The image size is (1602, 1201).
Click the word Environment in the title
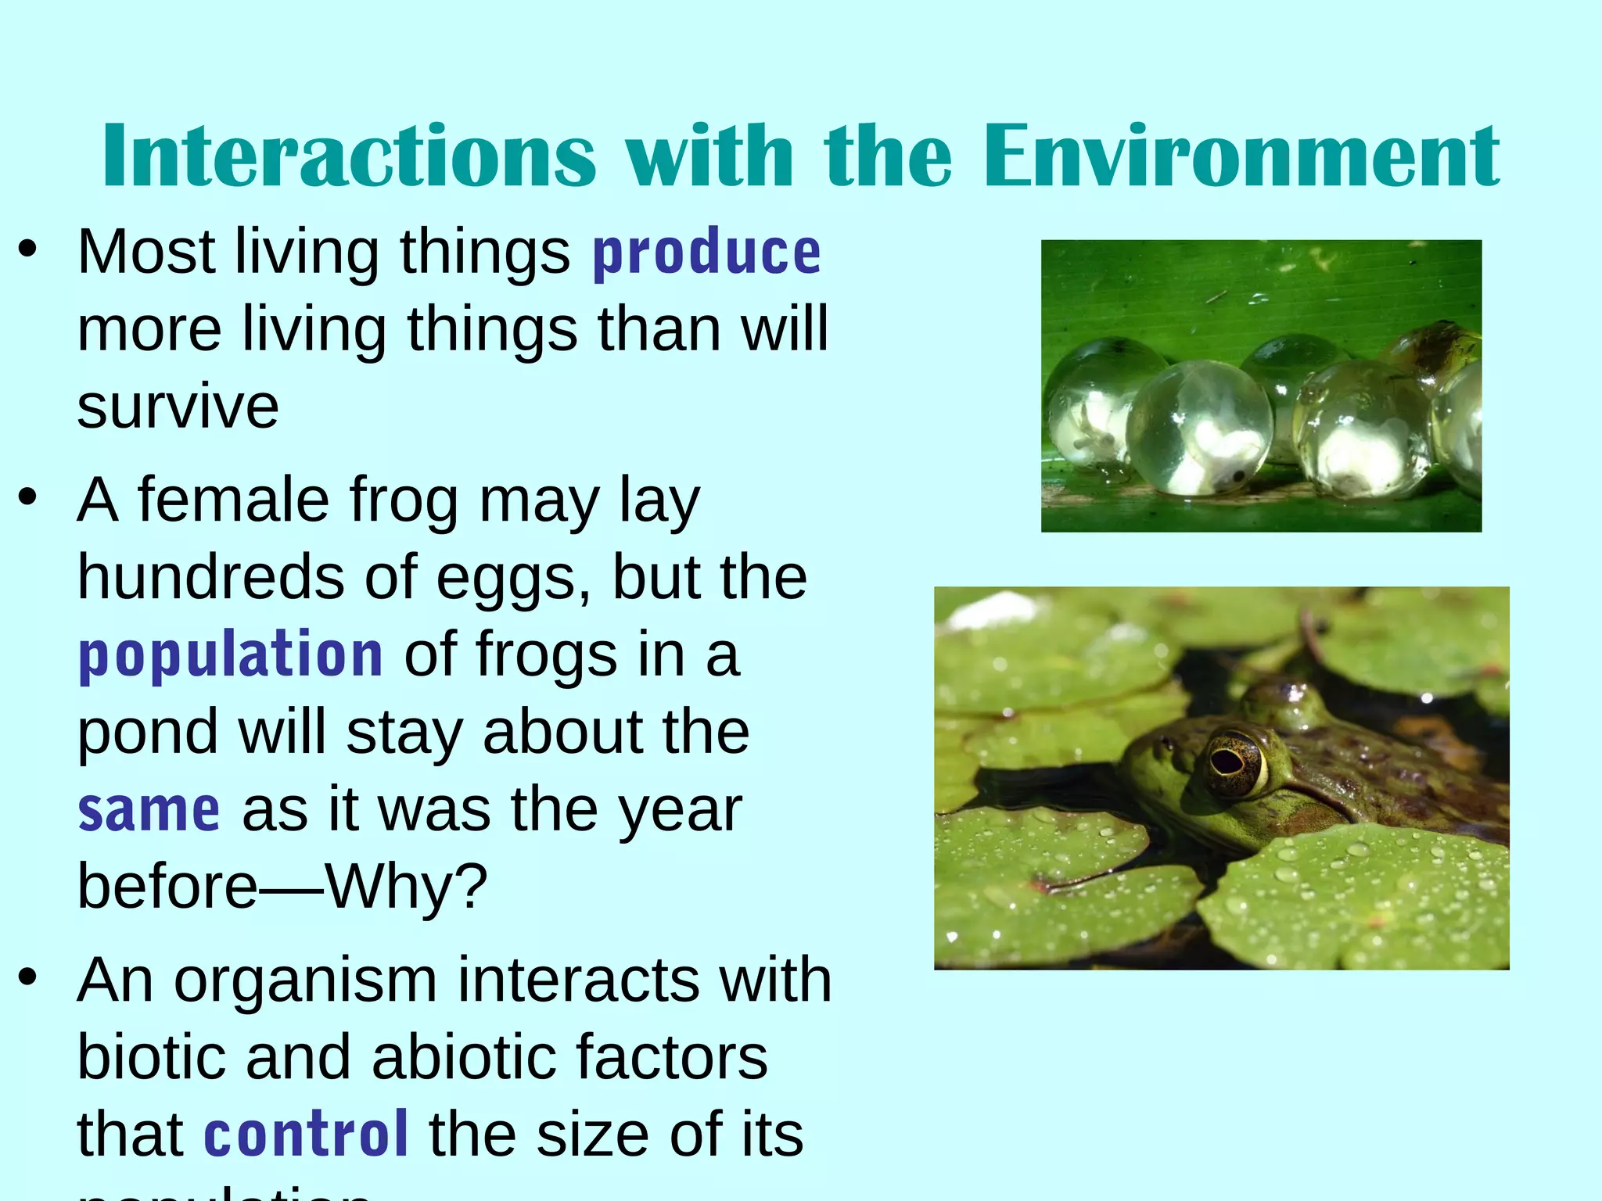tap(1241, 156)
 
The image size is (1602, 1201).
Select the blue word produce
tap(706, 254)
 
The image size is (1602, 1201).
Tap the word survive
tap(178, 407)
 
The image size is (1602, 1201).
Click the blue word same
tap(149, 811)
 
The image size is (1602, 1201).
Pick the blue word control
tap(306, 1135)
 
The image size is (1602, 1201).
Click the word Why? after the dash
tap(407, 887)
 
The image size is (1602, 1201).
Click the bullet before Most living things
tap(28, 249)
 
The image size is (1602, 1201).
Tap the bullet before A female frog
tap(28, 497)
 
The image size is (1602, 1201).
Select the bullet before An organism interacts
tap(28, 977)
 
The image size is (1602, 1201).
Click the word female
tap(233, 500)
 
